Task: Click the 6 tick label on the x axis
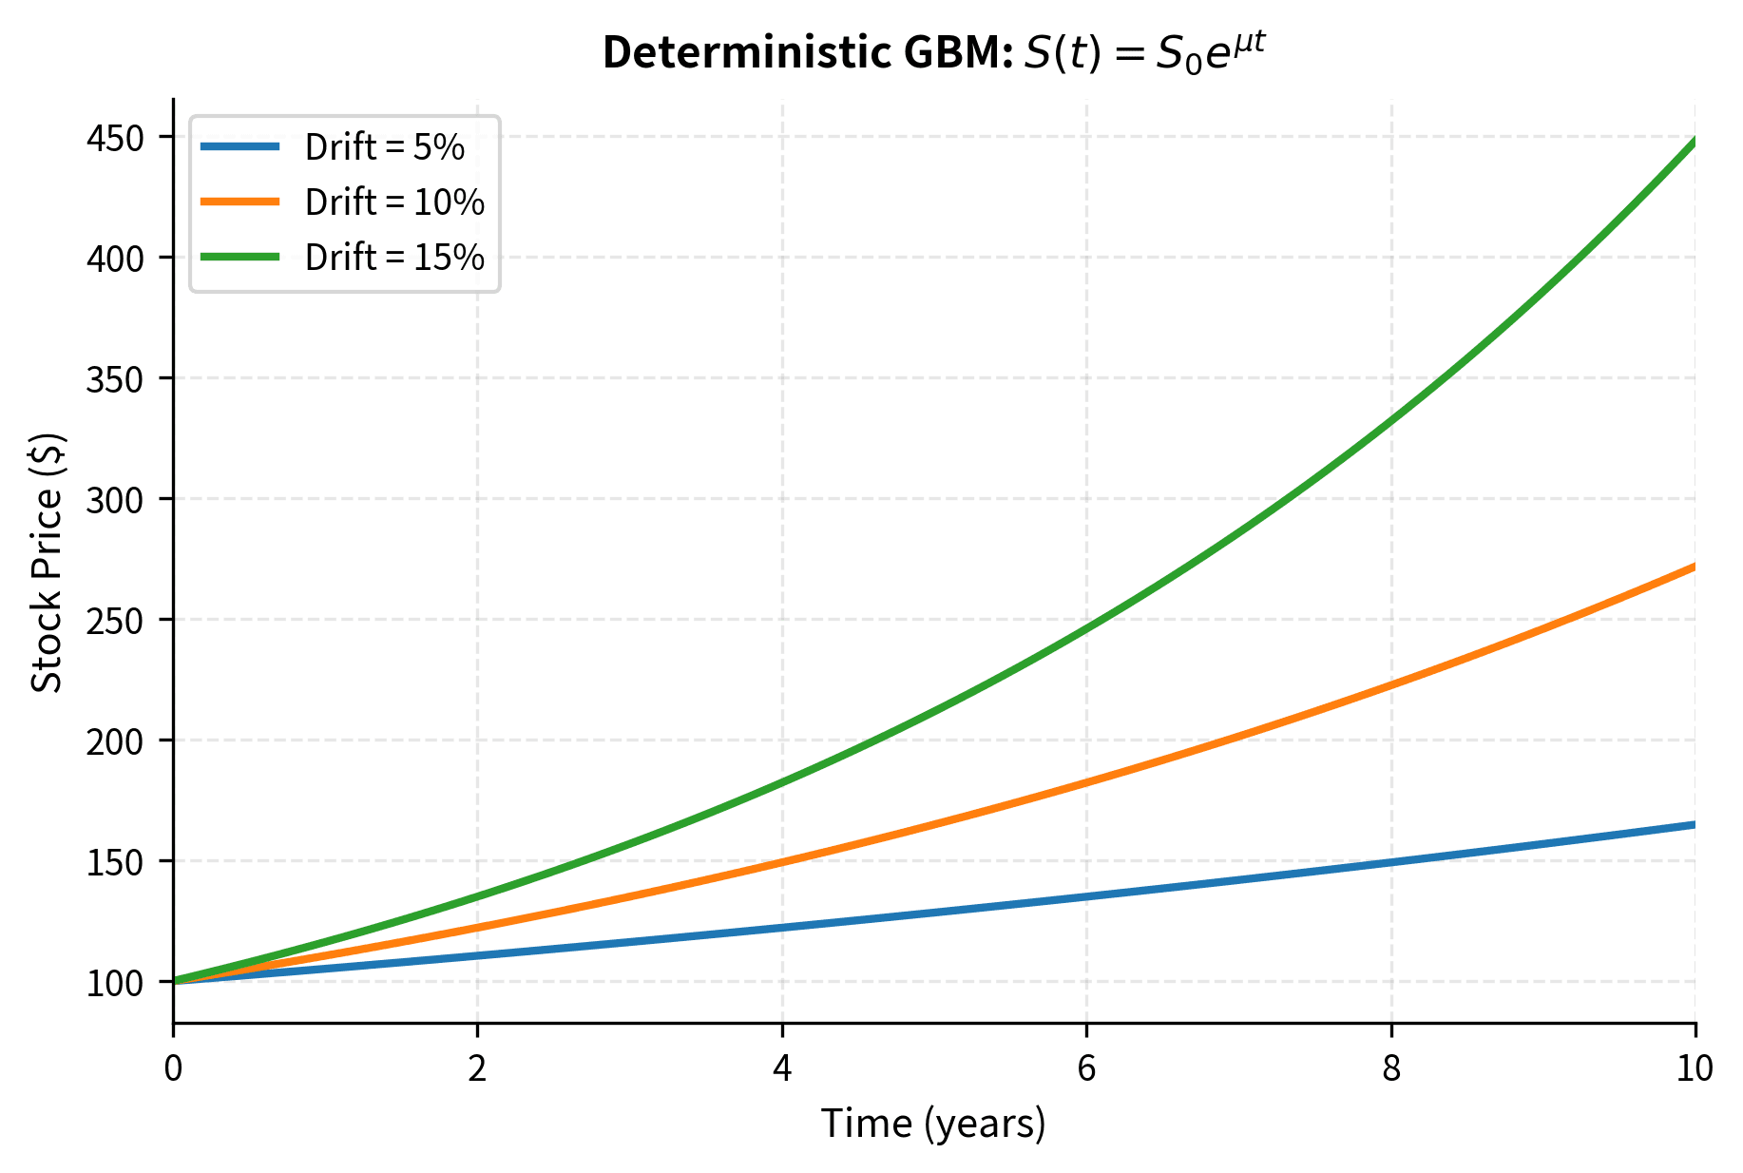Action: (x=1086, y=1068)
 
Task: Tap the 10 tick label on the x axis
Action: (x=1695, y=1068)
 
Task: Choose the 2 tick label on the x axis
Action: (x=477, y=1068)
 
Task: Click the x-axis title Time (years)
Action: (x=933, y=1124)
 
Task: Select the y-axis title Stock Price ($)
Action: (x=47, y=563)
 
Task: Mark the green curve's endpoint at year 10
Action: (x=1694, y=142)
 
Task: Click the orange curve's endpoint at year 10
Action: (x=1694, y=567)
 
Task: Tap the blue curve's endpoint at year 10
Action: (x=1694, y=824)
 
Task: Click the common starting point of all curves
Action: (x=174, y=981)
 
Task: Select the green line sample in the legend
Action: (x=240, y=258)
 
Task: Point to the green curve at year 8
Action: (x=1391, y=418)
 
